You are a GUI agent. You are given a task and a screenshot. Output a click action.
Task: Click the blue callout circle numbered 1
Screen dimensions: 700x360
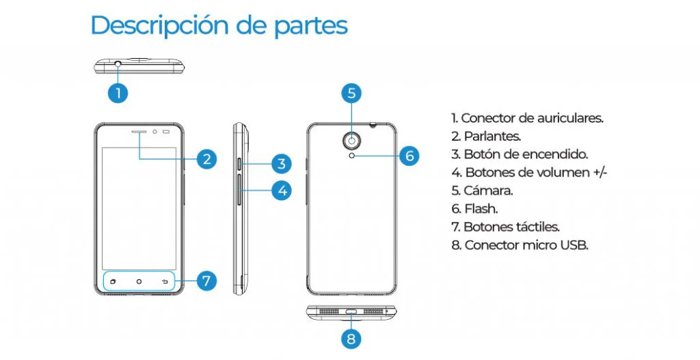pos(118,93)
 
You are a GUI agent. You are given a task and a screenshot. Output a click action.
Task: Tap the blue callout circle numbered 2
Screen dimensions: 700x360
pos(206,159)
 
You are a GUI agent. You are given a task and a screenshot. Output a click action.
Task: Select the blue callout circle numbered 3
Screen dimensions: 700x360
pos(281,164)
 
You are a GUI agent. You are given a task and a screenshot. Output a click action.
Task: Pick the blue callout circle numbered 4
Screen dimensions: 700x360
pos(282,191)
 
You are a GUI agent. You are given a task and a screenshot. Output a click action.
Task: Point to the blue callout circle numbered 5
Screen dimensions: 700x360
pos(352,93)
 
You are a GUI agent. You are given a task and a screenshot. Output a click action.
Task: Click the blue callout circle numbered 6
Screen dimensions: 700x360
pos(409,156)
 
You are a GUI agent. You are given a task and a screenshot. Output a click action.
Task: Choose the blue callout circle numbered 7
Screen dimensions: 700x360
pos(206,281)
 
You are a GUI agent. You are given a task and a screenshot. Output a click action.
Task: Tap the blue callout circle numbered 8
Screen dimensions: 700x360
pos(352,339)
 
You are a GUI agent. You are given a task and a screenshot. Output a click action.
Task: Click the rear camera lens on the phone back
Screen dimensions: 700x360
pos(353,141)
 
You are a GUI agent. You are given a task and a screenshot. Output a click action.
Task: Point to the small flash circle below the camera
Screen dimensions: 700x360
pos(353,155)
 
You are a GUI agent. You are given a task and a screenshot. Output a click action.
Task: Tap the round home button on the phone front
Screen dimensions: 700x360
pos(139,281)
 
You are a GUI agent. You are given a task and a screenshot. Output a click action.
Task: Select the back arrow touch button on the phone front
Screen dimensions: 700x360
pos(165,281)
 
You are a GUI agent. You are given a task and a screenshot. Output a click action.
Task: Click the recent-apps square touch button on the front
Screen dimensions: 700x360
pos(113,281)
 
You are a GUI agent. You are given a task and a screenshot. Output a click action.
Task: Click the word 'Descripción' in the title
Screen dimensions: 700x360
pos(161,25)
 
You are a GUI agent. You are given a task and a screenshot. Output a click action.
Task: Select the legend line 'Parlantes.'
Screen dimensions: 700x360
pos(486,136)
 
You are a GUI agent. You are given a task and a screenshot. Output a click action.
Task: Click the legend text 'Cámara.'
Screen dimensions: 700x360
pos(482,191)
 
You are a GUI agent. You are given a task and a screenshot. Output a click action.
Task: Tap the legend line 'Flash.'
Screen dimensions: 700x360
pos(474,208)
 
